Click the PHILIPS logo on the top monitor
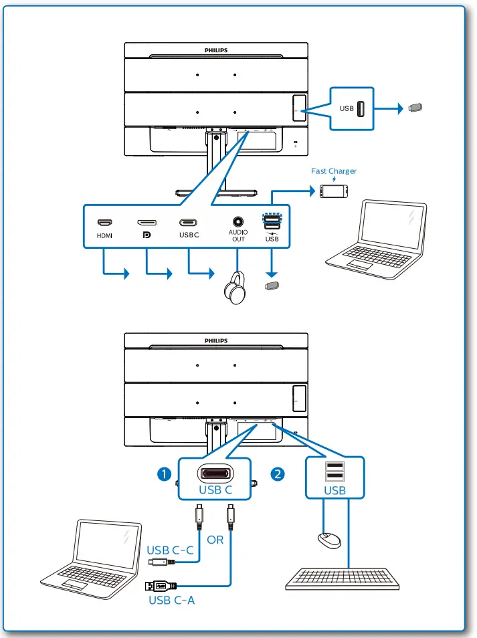click(215, 49)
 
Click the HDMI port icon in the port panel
click(104, 223)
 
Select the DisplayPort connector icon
click(147, 223)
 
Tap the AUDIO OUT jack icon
click(237, 221)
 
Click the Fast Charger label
click(334, 171)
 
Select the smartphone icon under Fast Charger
click(334, 191)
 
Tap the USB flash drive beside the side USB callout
click(415, 107)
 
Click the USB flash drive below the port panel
click(271, 287)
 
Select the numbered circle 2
click(277, 474)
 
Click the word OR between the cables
click(215, 540)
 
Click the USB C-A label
click(171, 600)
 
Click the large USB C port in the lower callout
click(215, 473)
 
